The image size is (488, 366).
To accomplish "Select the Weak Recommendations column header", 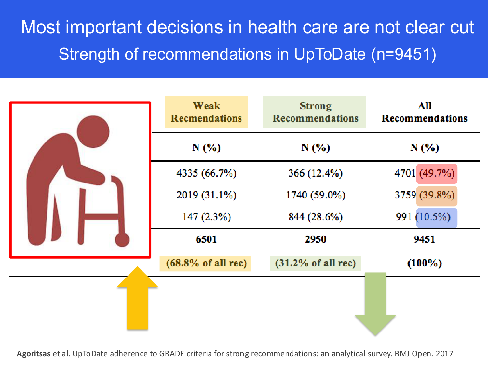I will [206, 112].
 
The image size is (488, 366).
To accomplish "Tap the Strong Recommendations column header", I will [315, 112].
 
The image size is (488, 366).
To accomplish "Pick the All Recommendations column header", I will [424, 112].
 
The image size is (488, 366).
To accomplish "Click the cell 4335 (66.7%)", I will [206, 173].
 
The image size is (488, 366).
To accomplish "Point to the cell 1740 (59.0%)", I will [315, 195].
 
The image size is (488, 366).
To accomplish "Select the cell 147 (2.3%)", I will [206, 217].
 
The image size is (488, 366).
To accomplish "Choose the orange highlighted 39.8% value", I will [437, 196].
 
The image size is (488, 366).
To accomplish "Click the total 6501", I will [206, 239].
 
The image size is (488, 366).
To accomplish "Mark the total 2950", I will [315, 239].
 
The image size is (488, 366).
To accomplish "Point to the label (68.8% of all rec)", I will [206, 263].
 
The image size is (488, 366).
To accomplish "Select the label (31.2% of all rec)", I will [315, 263].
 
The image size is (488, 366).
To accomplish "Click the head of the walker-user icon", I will [93, 131].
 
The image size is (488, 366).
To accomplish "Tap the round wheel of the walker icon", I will [122, 240].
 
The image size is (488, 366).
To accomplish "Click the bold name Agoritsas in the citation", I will [34, 354].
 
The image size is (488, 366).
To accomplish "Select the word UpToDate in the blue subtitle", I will [330, 54].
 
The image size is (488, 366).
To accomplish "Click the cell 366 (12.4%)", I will [315, 173].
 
